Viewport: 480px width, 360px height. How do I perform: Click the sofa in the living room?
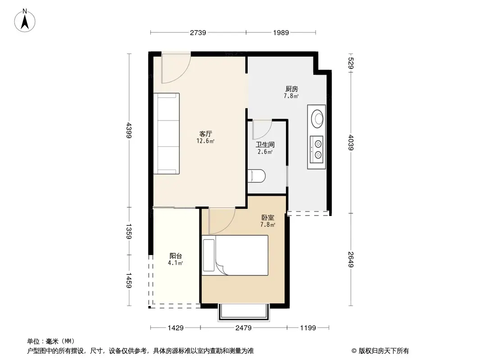click(x=166, y=134)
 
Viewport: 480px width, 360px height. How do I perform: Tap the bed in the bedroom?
click(x=235, y=255)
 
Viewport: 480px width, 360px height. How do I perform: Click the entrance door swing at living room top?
click(x=177, y=68)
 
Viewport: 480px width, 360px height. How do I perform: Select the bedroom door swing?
click(x=222, y=221)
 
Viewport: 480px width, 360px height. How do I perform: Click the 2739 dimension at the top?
click(x=198, y=32)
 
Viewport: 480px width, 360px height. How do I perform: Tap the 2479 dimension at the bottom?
click(x=244, y=328)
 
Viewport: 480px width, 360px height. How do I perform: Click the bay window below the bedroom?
click(x=244, y=313)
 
